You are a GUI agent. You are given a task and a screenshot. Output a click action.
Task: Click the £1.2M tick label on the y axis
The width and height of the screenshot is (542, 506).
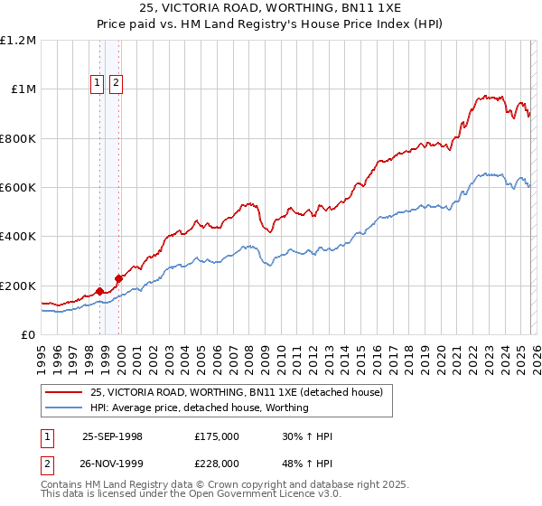tap(19, 40)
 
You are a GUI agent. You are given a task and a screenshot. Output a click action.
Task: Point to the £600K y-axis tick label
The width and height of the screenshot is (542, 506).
tap(18, 187)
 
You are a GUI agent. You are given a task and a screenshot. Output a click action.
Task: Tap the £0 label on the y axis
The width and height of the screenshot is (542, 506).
tap(28, 334)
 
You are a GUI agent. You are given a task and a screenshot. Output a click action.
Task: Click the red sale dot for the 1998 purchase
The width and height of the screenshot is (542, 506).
tap(99, 291)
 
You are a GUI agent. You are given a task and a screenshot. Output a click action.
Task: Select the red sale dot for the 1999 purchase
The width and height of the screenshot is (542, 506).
tap(118, 278)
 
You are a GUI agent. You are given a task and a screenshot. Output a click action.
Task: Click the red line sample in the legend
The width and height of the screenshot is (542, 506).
tap(65, 392)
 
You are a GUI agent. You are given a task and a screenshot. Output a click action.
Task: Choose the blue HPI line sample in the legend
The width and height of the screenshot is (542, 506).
tap(65, 408)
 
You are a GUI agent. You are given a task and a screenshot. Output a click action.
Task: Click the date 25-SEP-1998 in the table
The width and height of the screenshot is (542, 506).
tap(112, 436)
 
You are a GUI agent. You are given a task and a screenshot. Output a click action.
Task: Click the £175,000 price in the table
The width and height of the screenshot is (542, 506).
tap(217, 436)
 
